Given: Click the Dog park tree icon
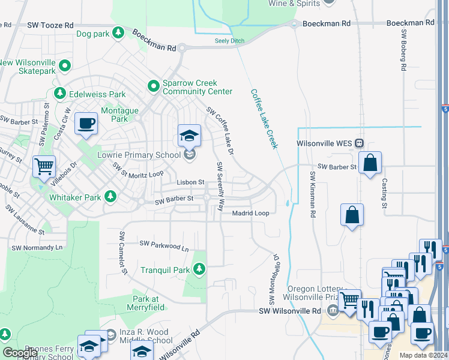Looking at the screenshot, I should click(119, 34).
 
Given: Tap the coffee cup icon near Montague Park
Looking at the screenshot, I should click(86, 124).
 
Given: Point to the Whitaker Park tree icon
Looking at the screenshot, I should click(110, 196).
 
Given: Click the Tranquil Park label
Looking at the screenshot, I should click(165, 270).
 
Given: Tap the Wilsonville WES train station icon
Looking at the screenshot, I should click(360, 144).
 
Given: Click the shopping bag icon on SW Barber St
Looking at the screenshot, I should click(370, 163).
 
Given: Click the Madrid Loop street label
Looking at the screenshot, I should click(250, 213).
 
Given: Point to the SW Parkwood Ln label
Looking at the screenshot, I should click(164, 244).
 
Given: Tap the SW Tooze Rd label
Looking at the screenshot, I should click(50, 26).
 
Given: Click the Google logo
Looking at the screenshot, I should click(20, 353).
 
